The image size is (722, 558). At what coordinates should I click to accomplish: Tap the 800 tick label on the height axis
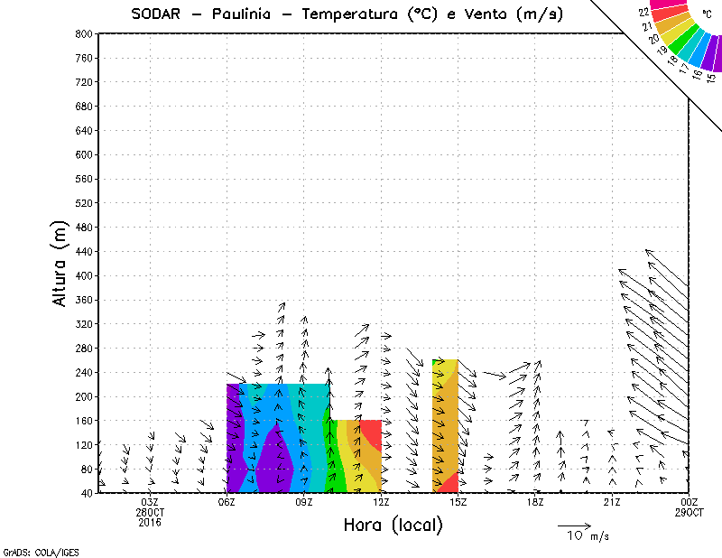[x=83, y=33]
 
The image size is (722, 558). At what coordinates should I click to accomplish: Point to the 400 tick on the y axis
[x=83, y=275]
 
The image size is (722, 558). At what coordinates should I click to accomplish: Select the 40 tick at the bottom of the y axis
[x=86, y=493]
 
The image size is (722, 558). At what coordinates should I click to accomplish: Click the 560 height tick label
[x=83, y=179]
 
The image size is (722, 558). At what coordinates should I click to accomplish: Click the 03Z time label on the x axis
[x=150, y=502]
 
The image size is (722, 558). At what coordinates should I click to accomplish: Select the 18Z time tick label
[x=535, y=502]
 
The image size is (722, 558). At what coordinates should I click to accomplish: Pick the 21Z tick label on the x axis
[x=612, y=502]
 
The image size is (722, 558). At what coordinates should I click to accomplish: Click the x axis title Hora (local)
[x=393, y=525]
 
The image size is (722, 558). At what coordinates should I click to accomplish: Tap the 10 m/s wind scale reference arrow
[x=573, y=525]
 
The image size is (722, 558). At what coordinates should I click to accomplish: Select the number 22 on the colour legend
[x=643, y=13]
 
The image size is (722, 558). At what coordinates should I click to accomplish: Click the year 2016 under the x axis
[x=150, y=522]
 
